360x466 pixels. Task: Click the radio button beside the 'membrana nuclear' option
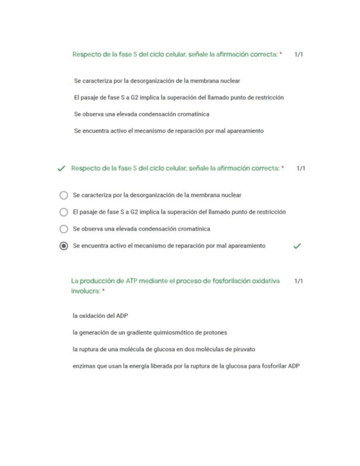pyautogui.click(x=63, y=195)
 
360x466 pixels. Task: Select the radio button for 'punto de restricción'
pyautogui.click(x=63, y=212)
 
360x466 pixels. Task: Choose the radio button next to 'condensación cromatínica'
pyautogui.click(x=63, y=229)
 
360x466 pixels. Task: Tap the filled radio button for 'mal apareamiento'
pyautogui.click(x=63, y=246)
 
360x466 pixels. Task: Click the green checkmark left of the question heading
pyautogui.click(x=61, y=169)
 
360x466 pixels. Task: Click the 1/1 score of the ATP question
pyautogui.click(x=298, y=281)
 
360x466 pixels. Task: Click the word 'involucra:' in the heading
pyautogui.click(x=85, y=291)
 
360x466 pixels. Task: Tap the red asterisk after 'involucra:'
pyautogui.click(x=103, y=291)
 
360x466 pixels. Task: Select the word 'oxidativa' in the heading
pyautogui.click(x=265, y=281)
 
